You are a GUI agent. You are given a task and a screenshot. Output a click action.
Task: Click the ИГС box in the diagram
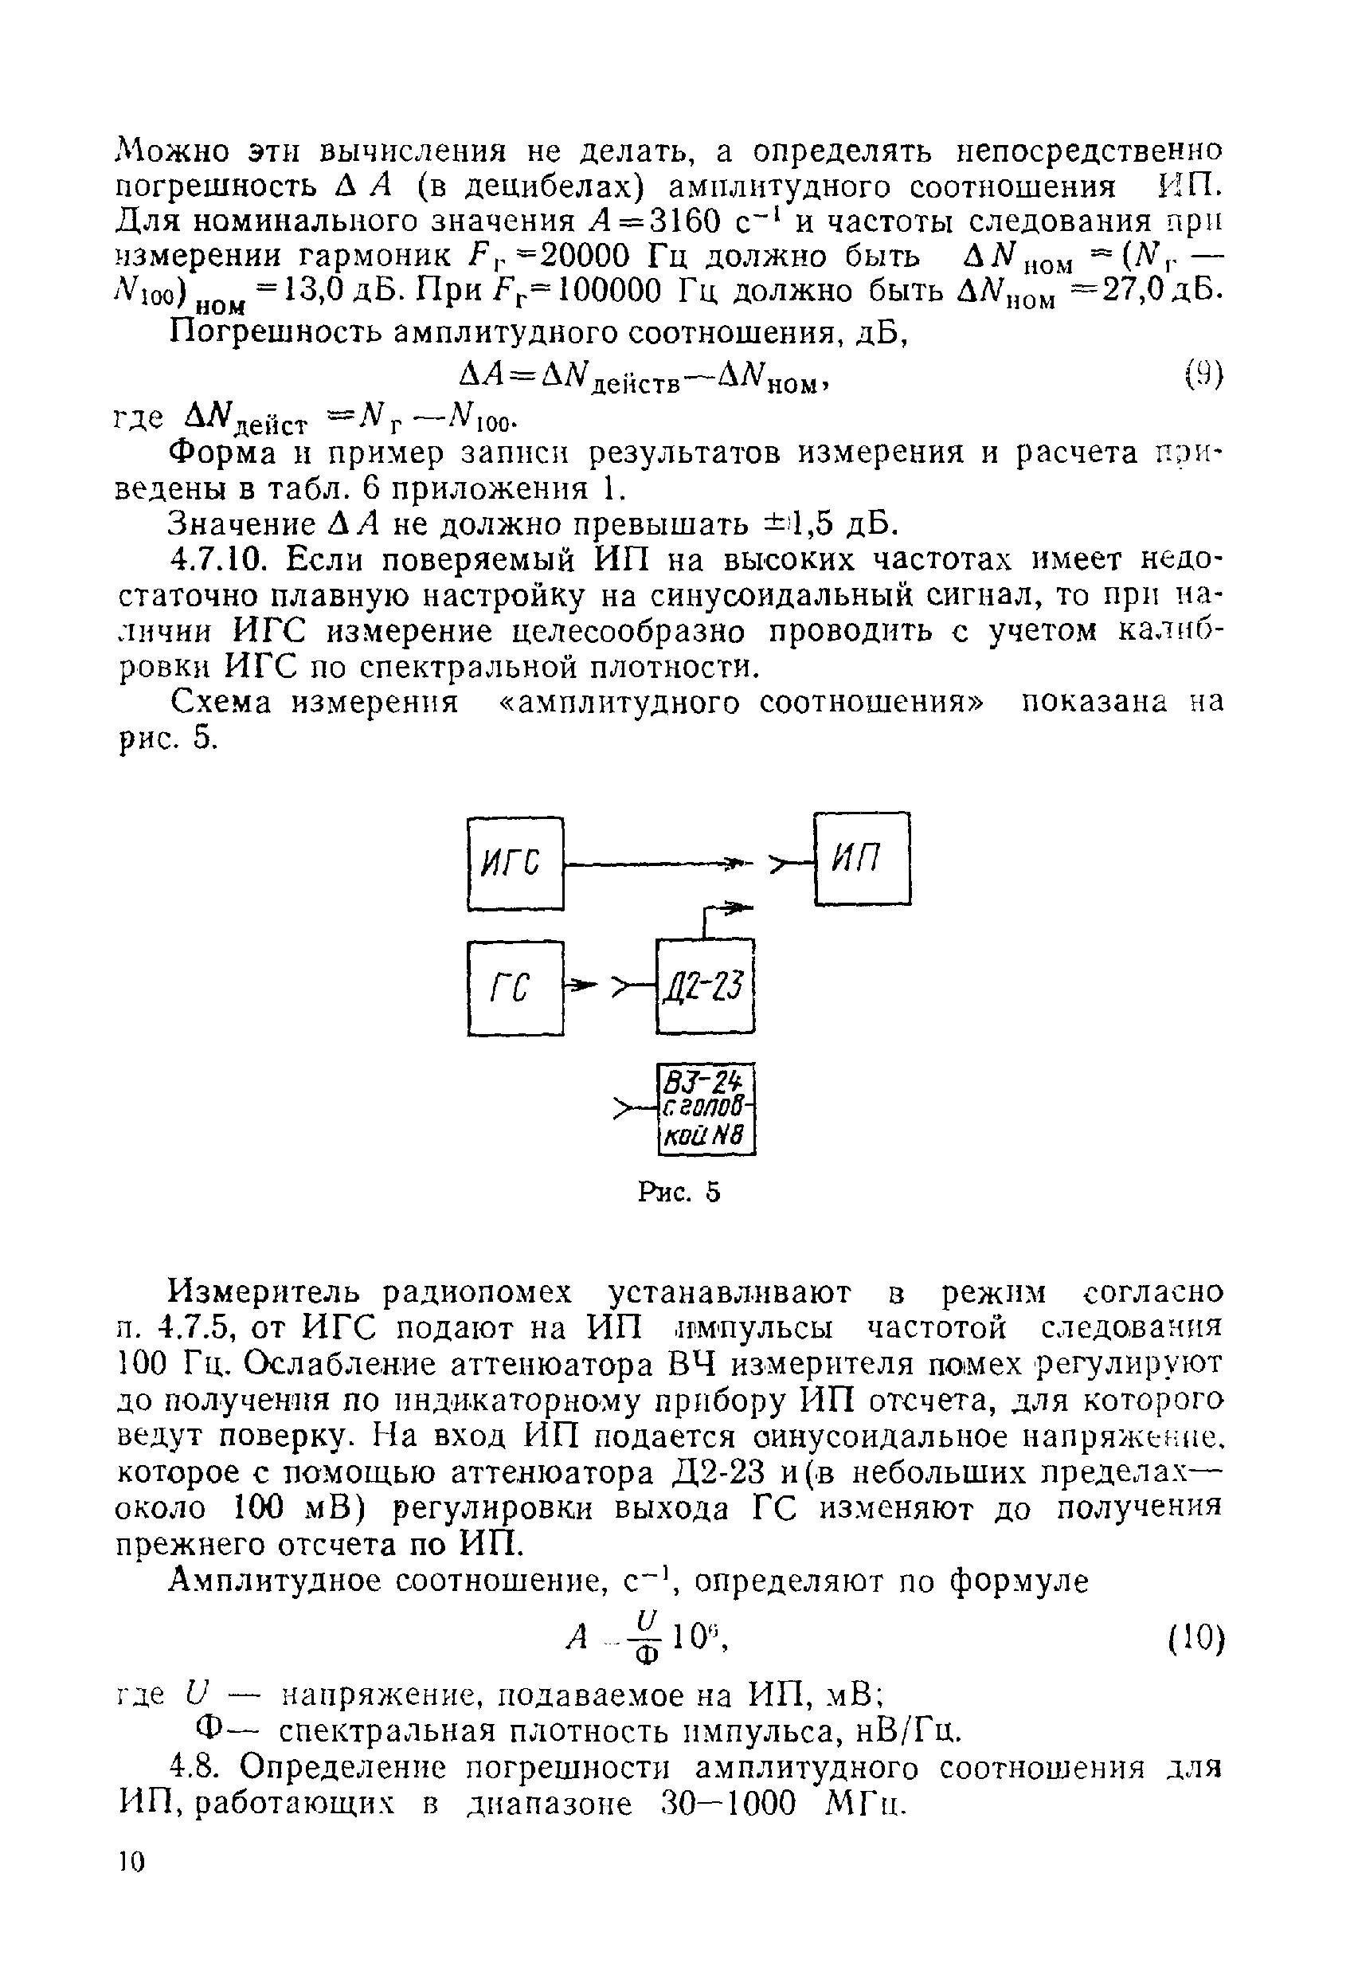(515, 864)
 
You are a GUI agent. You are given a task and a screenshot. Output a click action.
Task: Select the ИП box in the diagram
(862, 858)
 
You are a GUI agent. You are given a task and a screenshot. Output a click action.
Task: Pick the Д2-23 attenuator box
(705, 986)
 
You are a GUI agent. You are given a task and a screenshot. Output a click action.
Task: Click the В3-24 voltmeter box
(706, 1109)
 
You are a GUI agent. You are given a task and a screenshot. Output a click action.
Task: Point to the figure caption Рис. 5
(679, 1193)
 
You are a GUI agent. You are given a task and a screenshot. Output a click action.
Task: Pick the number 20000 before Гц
(590, 256)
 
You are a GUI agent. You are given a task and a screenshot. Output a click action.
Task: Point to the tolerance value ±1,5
(794, 523)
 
